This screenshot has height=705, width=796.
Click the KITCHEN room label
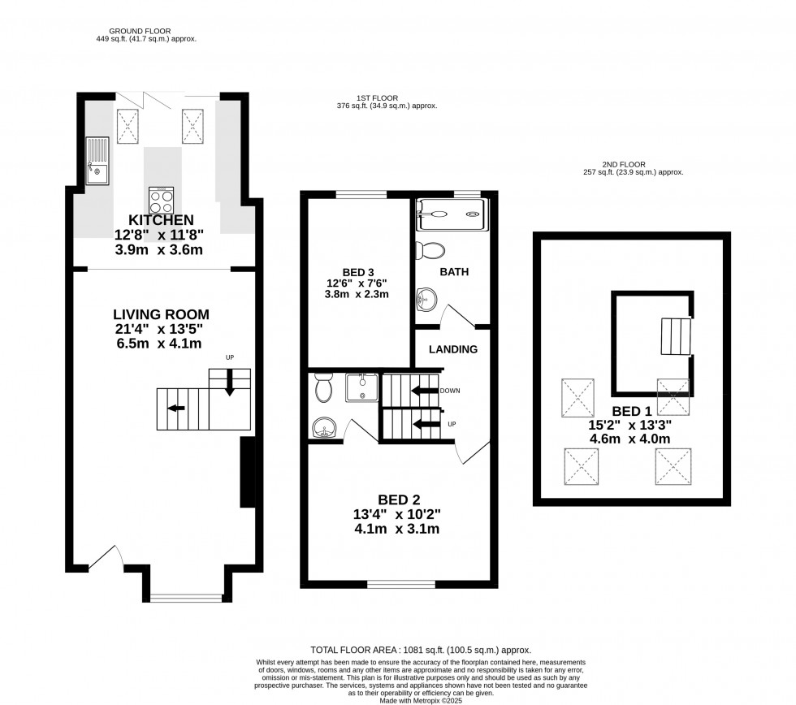click(161, 220)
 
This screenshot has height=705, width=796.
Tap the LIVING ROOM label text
click(161, 314)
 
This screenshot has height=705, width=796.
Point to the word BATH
click(454, 272)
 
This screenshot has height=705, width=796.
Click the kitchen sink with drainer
click(97, 160)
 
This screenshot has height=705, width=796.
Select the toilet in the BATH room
click(428, 249)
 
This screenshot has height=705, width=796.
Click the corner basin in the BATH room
click(426, 301)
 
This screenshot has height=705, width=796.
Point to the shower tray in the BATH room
click(451, 213)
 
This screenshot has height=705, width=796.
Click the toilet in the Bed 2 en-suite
click(323, 389)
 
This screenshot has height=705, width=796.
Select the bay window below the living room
click(185, 599)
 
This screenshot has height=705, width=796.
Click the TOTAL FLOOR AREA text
click(421, 650)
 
